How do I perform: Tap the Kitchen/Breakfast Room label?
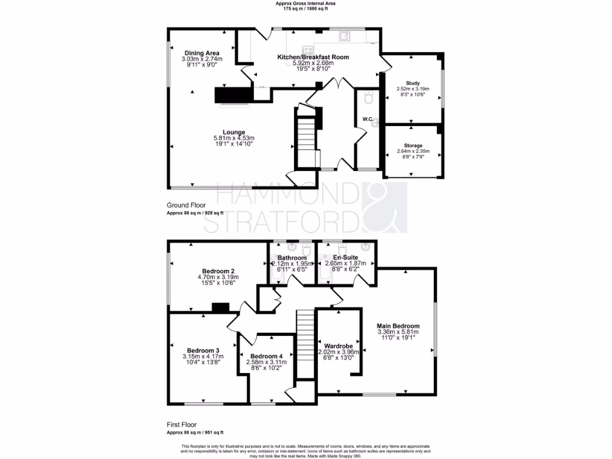coord(313,57)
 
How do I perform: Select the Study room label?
coord(412,83)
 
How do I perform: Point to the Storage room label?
coord(412,145)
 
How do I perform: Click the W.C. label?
coord(368,120)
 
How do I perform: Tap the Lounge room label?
coord(234,132)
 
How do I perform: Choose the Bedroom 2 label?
coord(218,271)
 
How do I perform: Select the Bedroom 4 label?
coord(266,356)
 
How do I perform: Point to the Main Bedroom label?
coord(398,326)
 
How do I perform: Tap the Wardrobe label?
coord(338,346)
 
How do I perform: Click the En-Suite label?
coord(346,257)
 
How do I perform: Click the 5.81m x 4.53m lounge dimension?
coord(234,139)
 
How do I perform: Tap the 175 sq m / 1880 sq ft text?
coord(305,9)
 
